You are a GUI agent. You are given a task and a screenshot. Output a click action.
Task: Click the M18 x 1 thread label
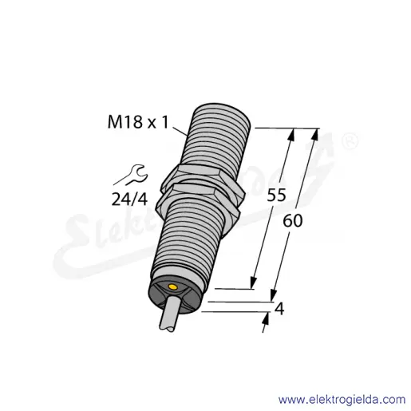pyautogui.click(x=138, y=122)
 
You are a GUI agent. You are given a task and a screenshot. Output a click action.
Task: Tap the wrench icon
pyautogui.click(x=131, y=175)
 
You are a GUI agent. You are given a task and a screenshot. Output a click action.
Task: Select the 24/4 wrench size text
pyautogui.click(x=129, y=200)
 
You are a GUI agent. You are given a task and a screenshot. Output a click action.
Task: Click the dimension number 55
pyautogui.click(x=276, y=195)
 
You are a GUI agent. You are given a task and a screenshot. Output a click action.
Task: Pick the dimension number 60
pyautogui.click(x=293, y=221)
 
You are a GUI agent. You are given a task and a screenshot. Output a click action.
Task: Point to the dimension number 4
pyautogui.click(x=279, y=310)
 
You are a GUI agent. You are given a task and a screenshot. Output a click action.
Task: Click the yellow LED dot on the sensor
pyautogui.click(x=173, y=287)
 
